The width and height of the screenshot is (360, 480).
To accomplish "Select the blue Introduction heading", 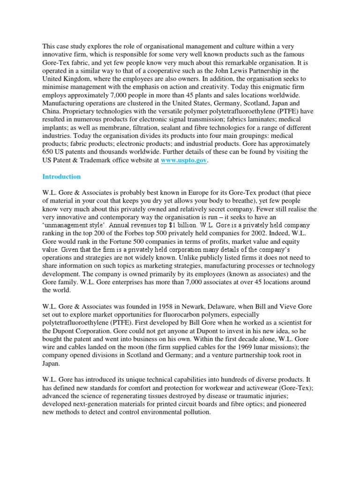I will coord(61,177).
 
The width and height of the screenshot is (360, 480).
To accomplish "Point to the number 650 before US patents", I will coord(49,152).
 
